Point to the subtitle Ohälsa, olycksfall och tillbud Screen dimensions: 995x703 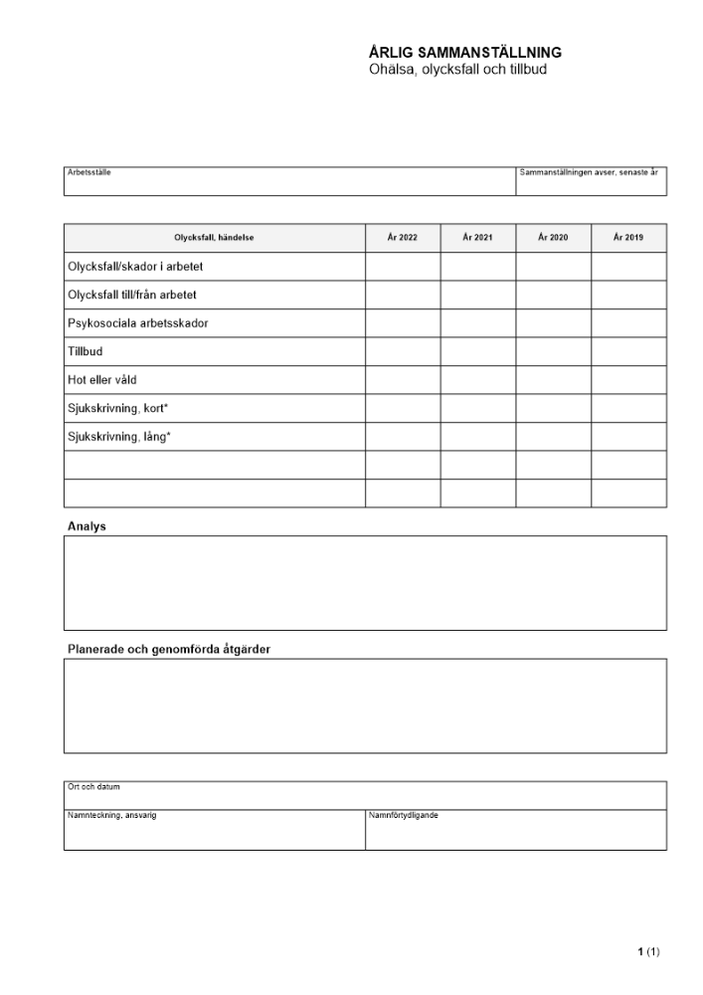(x=457, y=70)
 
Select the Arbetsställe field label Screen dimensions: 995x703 (x=88, y=172)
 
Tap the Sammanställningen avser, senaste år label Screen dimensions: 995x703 (x=589, y=172)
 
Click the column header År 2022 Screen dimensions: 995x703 (x=403, y=238)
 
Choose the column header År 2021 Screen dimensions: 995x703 (x=477, y=238)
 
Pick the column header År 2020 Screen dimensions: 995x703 (x=553, y=238)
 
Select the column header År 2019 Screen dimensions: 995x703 (x=628, y=238)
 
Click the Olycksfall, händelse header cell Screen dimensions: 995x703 (x=214, y=238)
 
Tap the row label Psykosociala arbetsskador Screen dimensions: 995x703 (x=137, y=323)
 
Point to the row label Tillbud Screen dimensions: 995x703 (x=86, y=351)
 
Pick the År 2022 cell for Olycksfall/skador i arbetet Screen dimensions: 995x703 (x=403, y=267)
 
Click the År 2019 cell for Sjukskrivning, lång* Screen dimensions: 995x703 (x=628, y=436)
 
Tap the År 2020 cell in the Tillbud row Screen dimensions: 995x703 (x=553, y=351)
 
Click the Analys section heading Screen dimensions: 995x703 (x=87, y=526)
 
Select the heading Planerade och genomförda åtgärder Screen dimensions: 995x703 (x=168, y=650)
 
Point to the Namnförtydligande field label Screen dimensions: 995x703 (x=404, y=815)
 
